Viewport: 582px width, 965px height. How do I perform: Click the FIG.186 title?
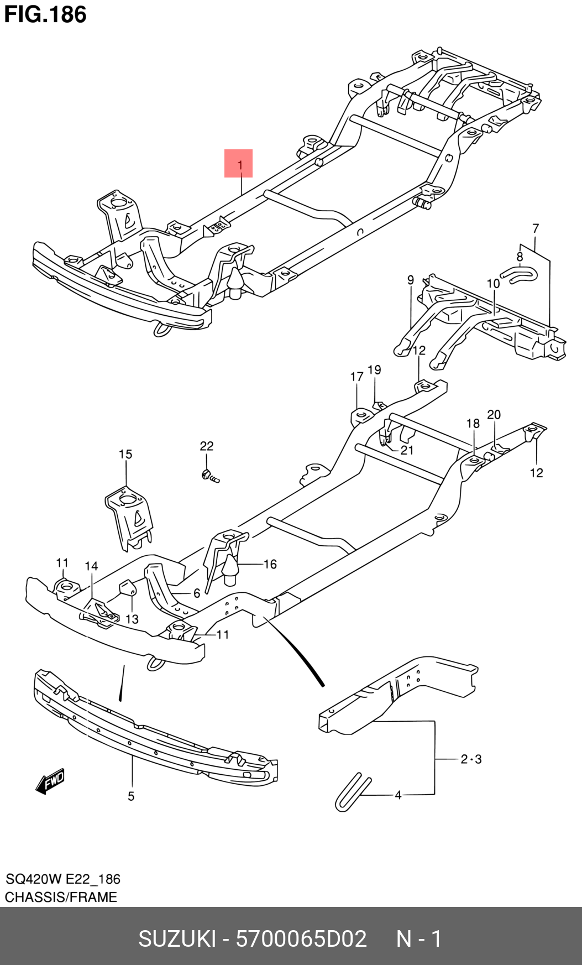pos(45,14)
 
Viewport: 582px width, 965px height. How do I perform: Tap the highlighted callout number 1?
pos(239,164)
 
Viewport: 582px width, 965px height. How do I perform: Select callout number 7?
pos(535,228)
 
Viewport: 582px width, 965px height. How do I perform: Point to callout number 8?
pos(520,257)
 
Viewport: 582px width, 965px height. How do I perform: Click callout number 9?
pos(411,280)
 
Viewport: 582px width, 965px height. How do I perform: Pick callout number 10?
pos(493,284)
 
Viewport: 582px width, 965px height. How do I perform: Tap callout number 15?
pos(125,454)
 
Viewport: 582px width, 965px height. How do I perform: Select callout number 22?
pos(206,446)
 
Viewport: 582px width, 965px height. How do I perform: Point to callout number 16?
pos(270,564)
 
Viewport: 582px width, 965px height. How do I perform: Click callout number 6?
pos(196,593)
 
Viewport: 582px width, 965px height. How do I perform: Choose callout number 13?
pos(132,619)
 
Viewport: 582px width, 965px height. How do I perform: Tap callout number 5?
pos(131,796)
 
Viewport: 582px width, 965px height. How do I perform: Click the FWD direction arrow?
pos(50,781)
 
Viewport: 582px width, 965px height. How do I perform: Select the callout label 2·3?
pos(471,759)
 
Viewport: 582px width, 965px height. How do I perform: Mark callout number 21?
pos(407,450)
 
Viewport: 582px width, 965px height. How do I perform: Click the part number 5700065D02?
pos(301,938)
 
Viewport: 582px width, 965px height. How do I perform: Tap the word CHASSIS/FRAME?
pos(61,897)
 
